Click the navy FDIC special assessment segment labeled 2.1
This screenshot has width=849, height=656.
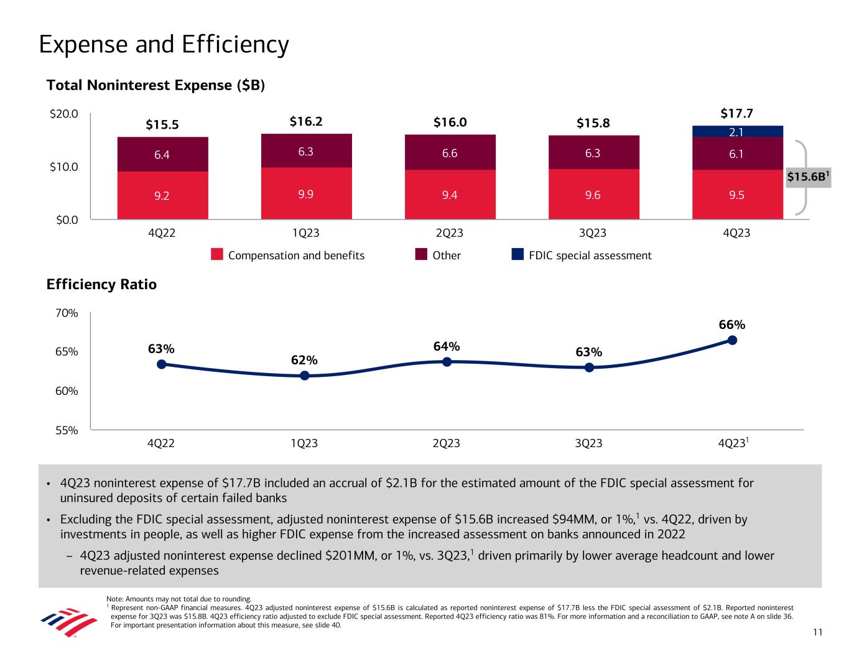click(737, 131)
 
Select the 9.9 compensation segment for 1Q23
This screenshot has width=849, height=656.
click(306, 193)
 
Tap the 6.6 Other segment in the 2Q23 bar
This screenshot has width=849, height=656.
click(450, 152)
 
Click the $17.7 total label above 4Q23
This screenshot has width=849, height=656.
click(737, 114)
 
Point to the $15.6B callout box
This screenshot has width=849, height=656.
click(809, 177)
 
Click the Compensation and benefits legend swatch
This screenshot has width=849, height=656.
click(217, 255)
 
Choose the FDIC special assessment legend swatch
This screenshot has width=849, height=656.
click(517, 255)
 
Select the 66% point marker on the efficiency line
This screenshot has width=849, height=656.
click(732, 340)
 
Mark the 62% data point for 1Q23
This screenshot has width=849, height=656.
click(305, 376)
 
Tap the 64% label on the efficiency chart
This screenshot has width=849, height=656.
click(447, 346)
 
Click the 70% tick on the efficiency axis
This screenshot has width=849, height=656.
click(67, 313)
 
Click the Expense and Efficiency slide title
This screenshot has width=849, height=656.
click(164, 45)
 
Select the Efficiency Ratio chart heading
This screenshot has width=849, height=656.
click(101, 285)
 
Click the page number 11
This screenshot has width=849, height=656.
click(817, 632)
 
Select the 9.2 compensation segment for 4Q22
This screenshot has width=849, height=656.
click(162, 195)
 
